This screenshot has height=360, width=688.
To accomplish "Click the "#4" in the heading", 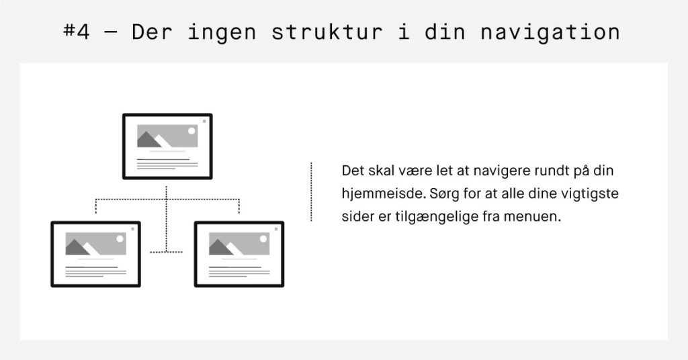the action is pos(77,32).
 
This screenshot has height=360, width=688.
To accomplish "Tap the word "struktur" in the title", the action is pos(327,32).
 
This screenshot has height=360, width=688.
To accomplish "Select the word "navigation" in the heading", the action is pos(550,32).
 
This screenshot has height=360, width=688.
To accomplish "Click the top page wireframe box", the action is pos(167,146).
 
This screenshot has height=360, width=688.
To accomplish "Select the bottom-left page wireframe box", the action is pos(95,255).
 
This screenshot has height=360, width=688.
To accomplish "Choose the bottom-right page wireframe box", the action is pos(239,255).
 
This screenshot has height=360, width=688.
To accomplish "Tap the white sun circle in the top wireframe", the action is pos(191,131).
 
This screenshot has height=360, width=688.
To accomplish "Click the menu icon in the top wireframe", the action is pos(204,121).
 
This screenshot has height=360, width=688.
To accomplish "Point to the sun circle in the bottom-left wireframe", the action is pos(120,239).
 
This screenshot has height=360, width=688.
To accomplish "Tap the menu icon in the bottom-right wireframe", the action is pos(276,229).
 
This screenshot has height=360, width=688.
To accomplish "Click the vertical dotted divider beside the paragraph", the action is pos(311,191).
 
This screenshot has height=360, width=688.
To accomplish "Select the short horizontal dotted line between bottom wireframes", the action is pos(167,252).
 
